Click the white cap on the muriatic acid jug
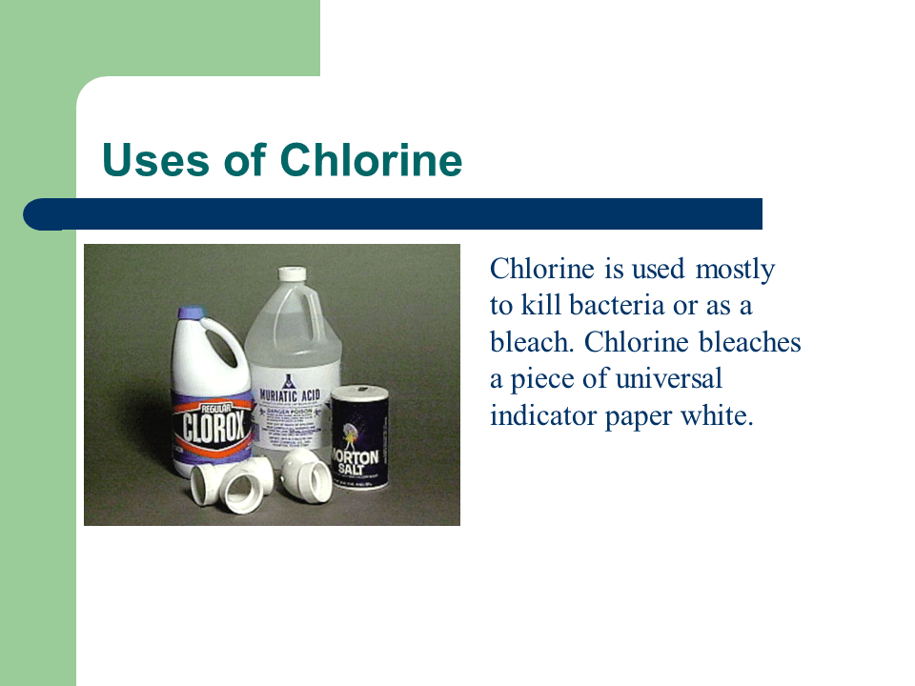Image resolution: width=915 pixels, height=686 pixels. tap(293, 273)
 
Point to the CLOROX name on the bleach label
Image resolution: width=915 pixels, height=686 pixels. tap(212, 427)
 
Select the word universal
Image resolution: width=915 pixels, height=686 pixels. tap(668, 378)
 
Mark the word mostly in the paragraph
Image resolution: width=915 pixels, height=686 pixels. tap(735, 270)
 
